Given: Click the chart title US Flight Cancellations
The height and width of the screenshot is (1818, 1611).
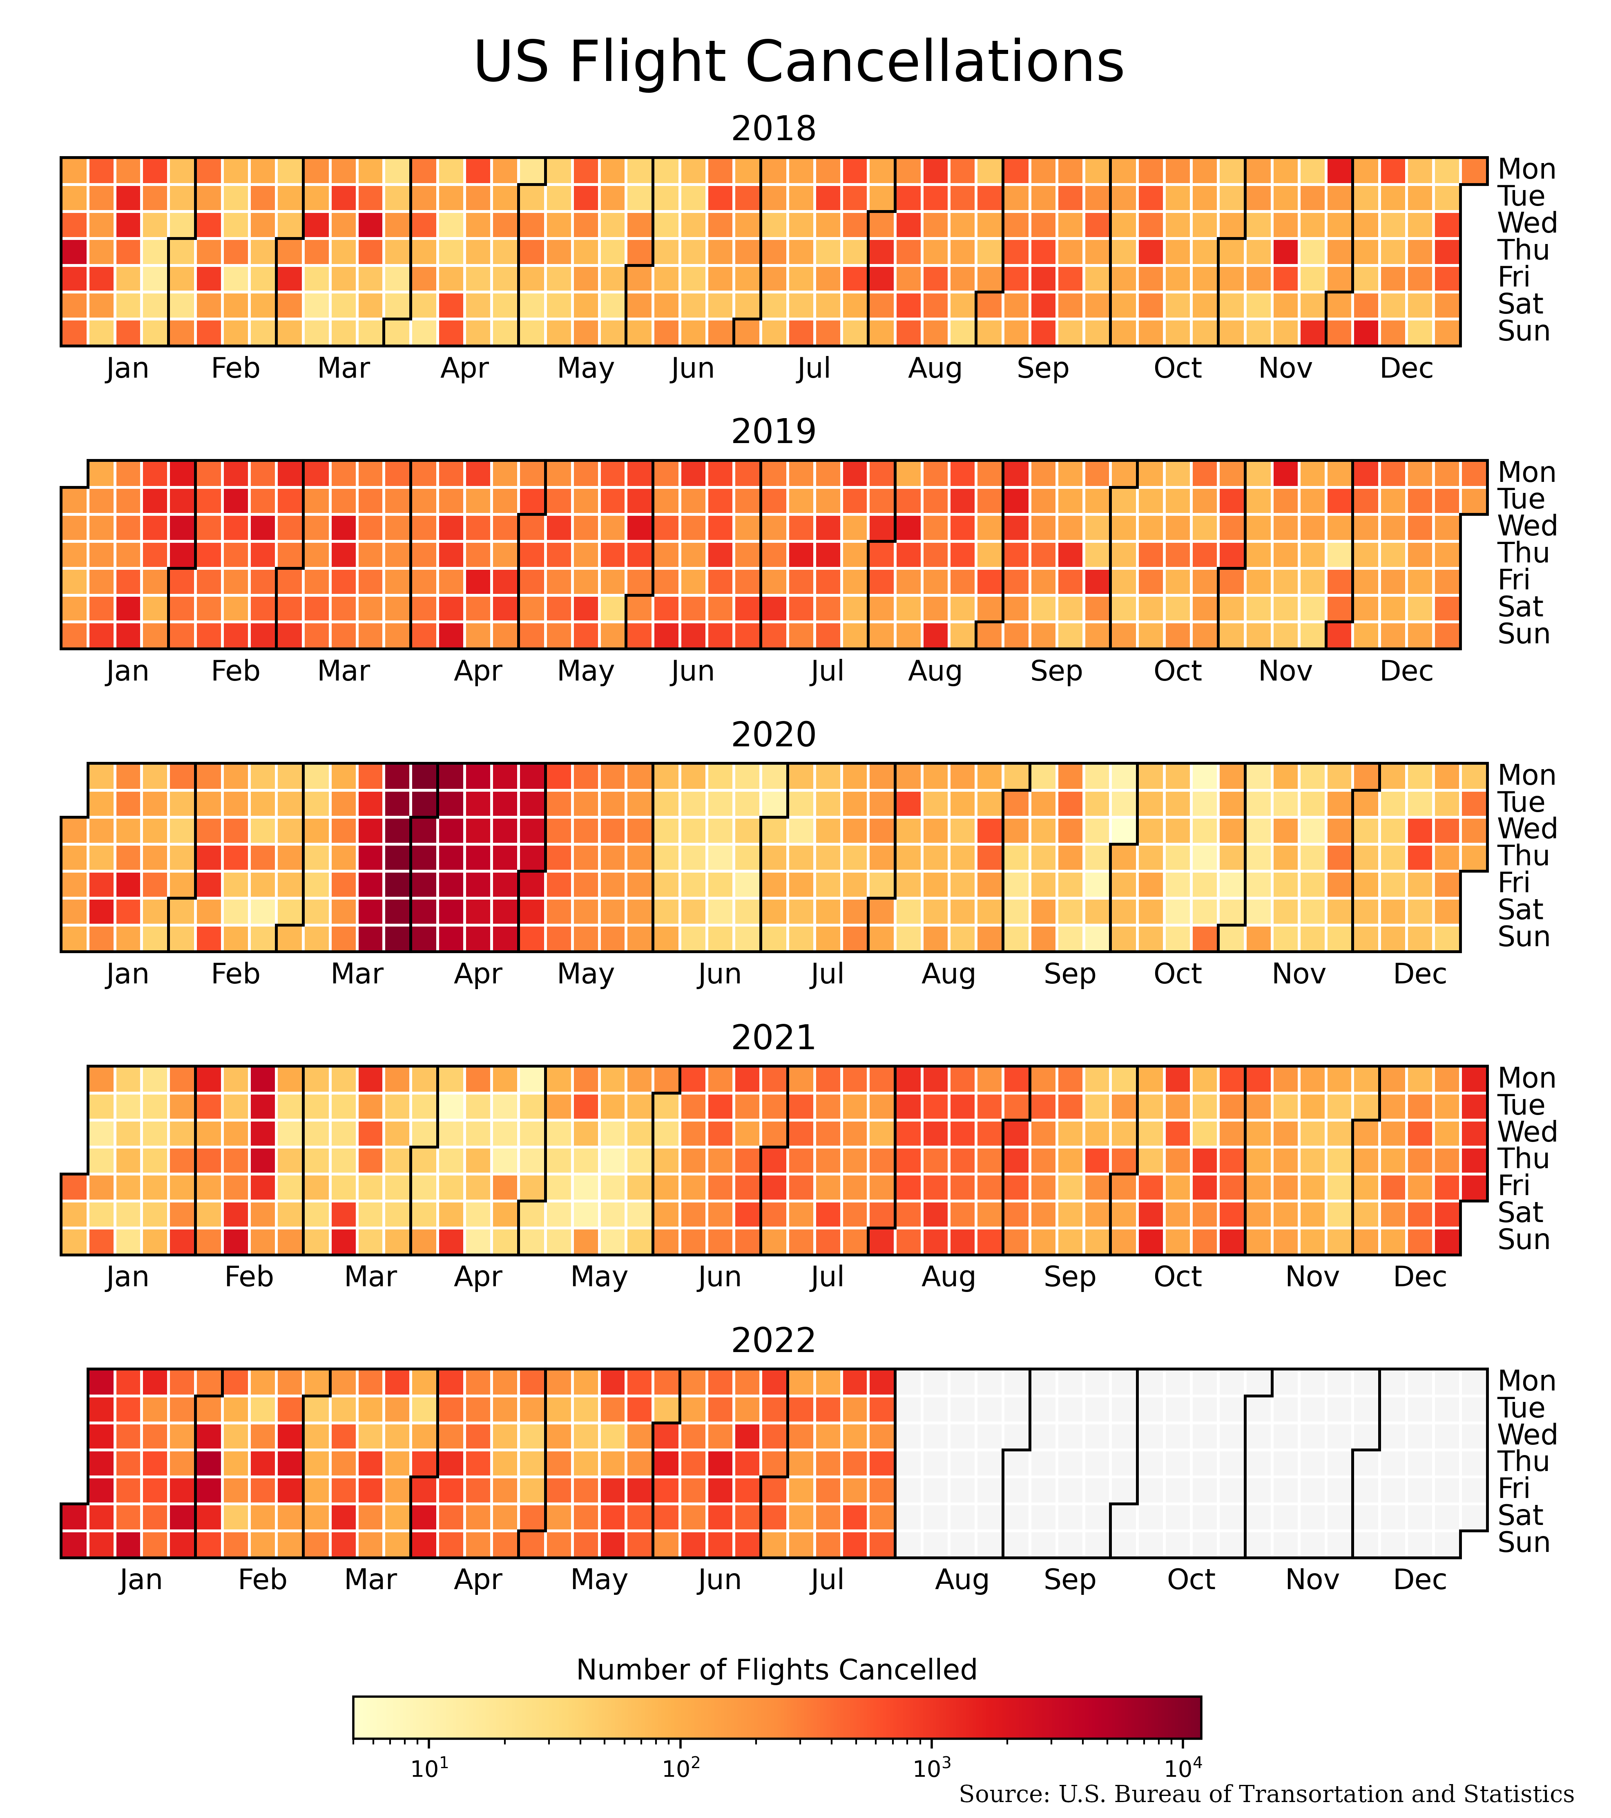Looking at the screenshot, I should click(799, 62).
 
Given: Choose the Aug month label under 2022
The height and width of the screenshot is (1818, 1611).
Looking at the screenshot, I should click(962, 1580).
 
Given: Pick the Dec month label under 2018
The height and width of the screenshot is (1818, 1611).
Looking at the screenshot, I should click(1406, 368).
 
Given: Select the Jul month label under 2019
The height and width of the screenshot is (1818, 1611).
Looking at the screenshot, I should click(827, 672).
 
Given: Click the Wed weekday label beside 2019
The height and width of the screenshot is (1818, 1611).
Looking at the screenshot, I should click(1526, 526).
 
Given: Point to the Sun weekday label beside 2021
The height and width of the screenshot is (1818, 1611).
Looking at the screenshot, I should click(1523, 1239).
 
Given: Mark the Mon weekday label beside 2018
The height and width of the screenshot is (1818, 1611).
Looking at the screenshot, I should click(1526, 169).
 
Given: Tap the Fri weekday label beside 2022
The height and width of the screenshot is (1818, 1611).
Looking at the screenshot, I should click(1513, 1488).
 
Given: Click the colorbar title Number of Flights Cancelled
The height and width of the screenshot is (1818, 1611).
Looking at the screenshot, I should click(776, 1670).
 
